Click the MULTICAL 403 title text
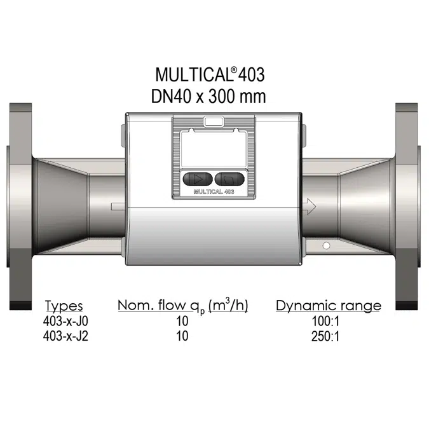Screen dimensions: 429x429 tap(210, 75)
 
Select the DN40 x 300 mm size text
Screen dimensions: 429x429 tap(210, 97)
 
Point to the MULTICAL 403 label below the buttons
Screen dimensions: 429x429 tap(214, 190)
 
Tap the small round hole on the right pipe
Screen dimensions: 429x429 tap(326, 245)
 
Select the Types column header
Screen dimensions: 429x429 tap(64, 306)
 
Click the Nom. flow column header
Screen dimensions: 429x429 tap(182, 306)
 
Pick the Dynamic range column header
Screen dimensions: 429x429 tap(328, 306)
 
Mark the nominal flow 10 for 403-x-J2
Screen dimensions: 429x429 tap(182, 336)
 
